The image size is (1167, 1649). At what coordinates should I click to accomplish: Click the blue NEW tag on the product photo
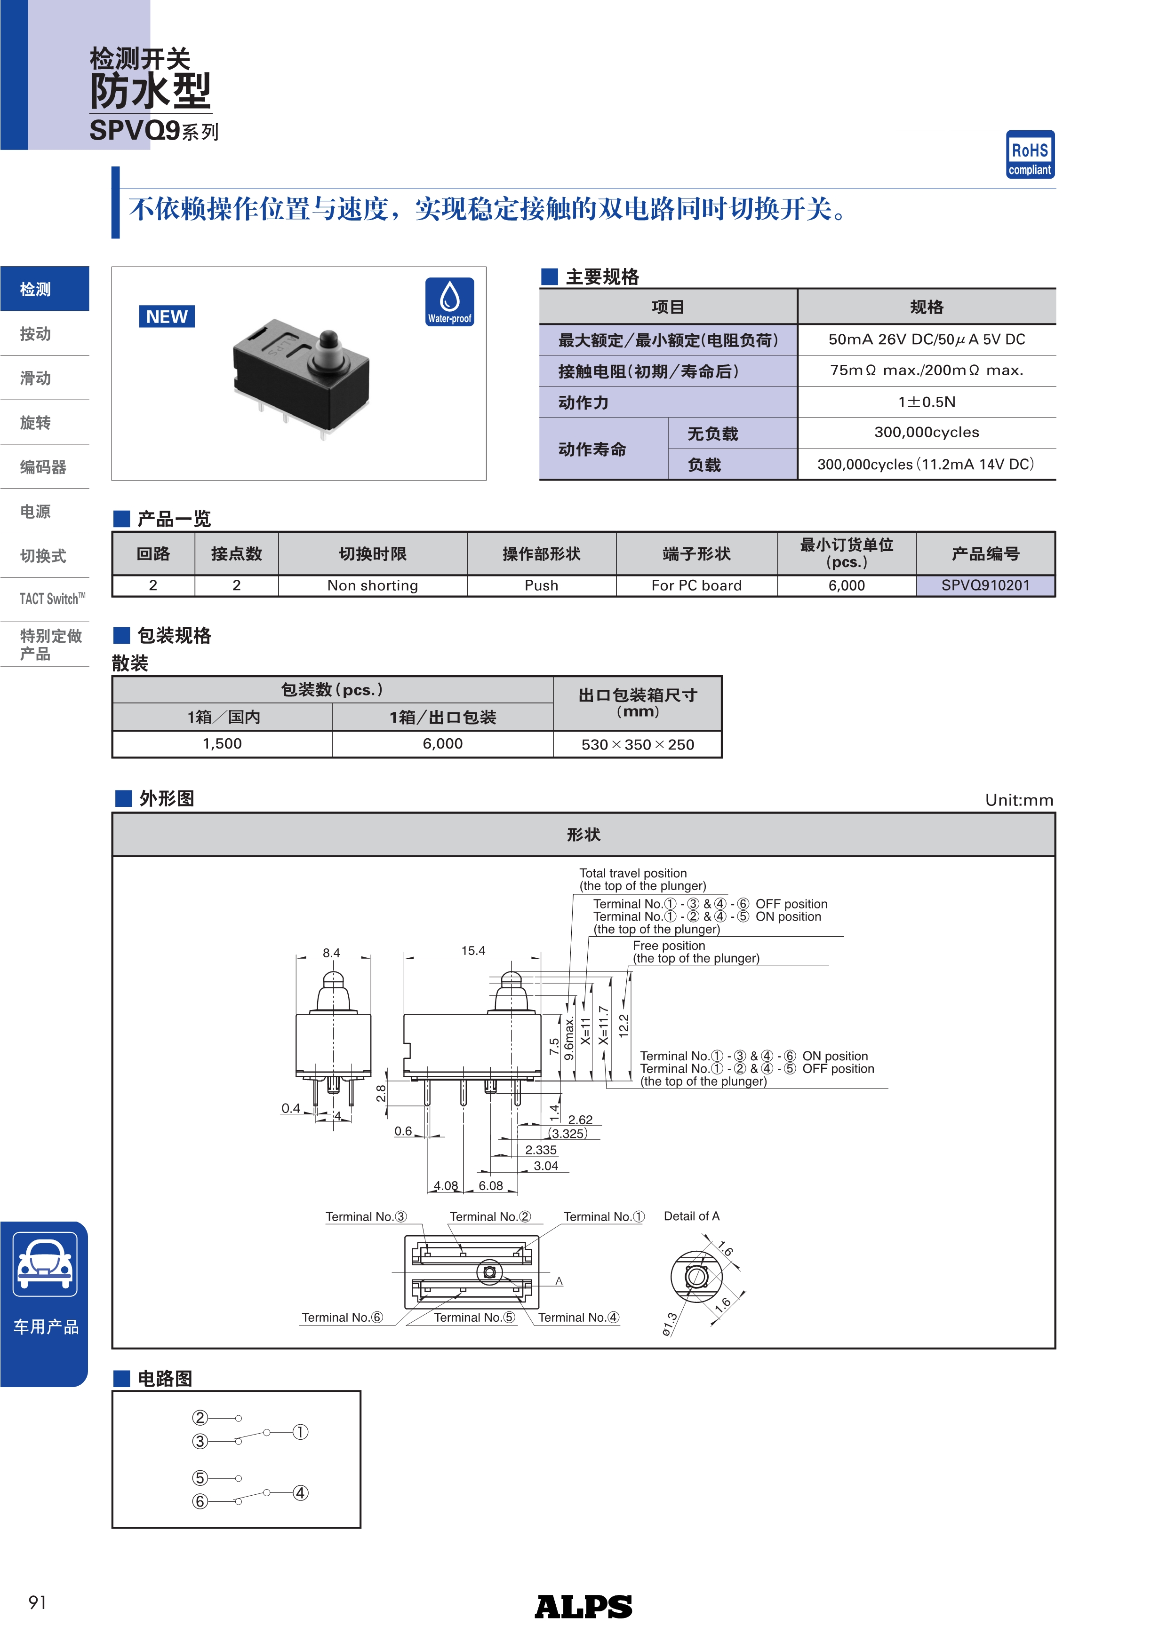point(167,317)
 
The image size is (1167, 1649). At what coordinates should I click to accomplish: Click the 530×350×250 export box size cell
point(638,745)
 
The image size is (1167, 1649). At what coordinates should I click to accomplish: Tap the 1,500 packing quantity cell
point(222,744)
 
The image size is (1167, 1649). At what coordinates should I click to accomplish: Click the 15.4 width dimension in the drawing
point(473,951)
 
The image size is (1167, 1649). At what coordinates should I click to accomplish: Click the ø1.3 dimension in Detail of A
point(670,1324)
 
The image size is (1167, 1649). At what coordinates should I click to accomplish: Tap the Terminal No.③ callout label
point(366,1216)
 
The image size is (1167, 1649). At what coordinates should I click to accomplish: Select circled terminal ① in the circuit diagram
point(300,1432)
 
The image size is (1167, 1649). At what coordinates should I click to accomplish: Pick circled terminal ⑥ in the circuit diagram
point(200,1502)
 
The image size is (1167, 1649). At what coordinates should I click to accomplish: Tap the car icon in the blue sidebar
point(45,1263)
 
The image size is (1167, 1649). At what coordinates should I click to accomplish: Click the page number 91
point(37,1602)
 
